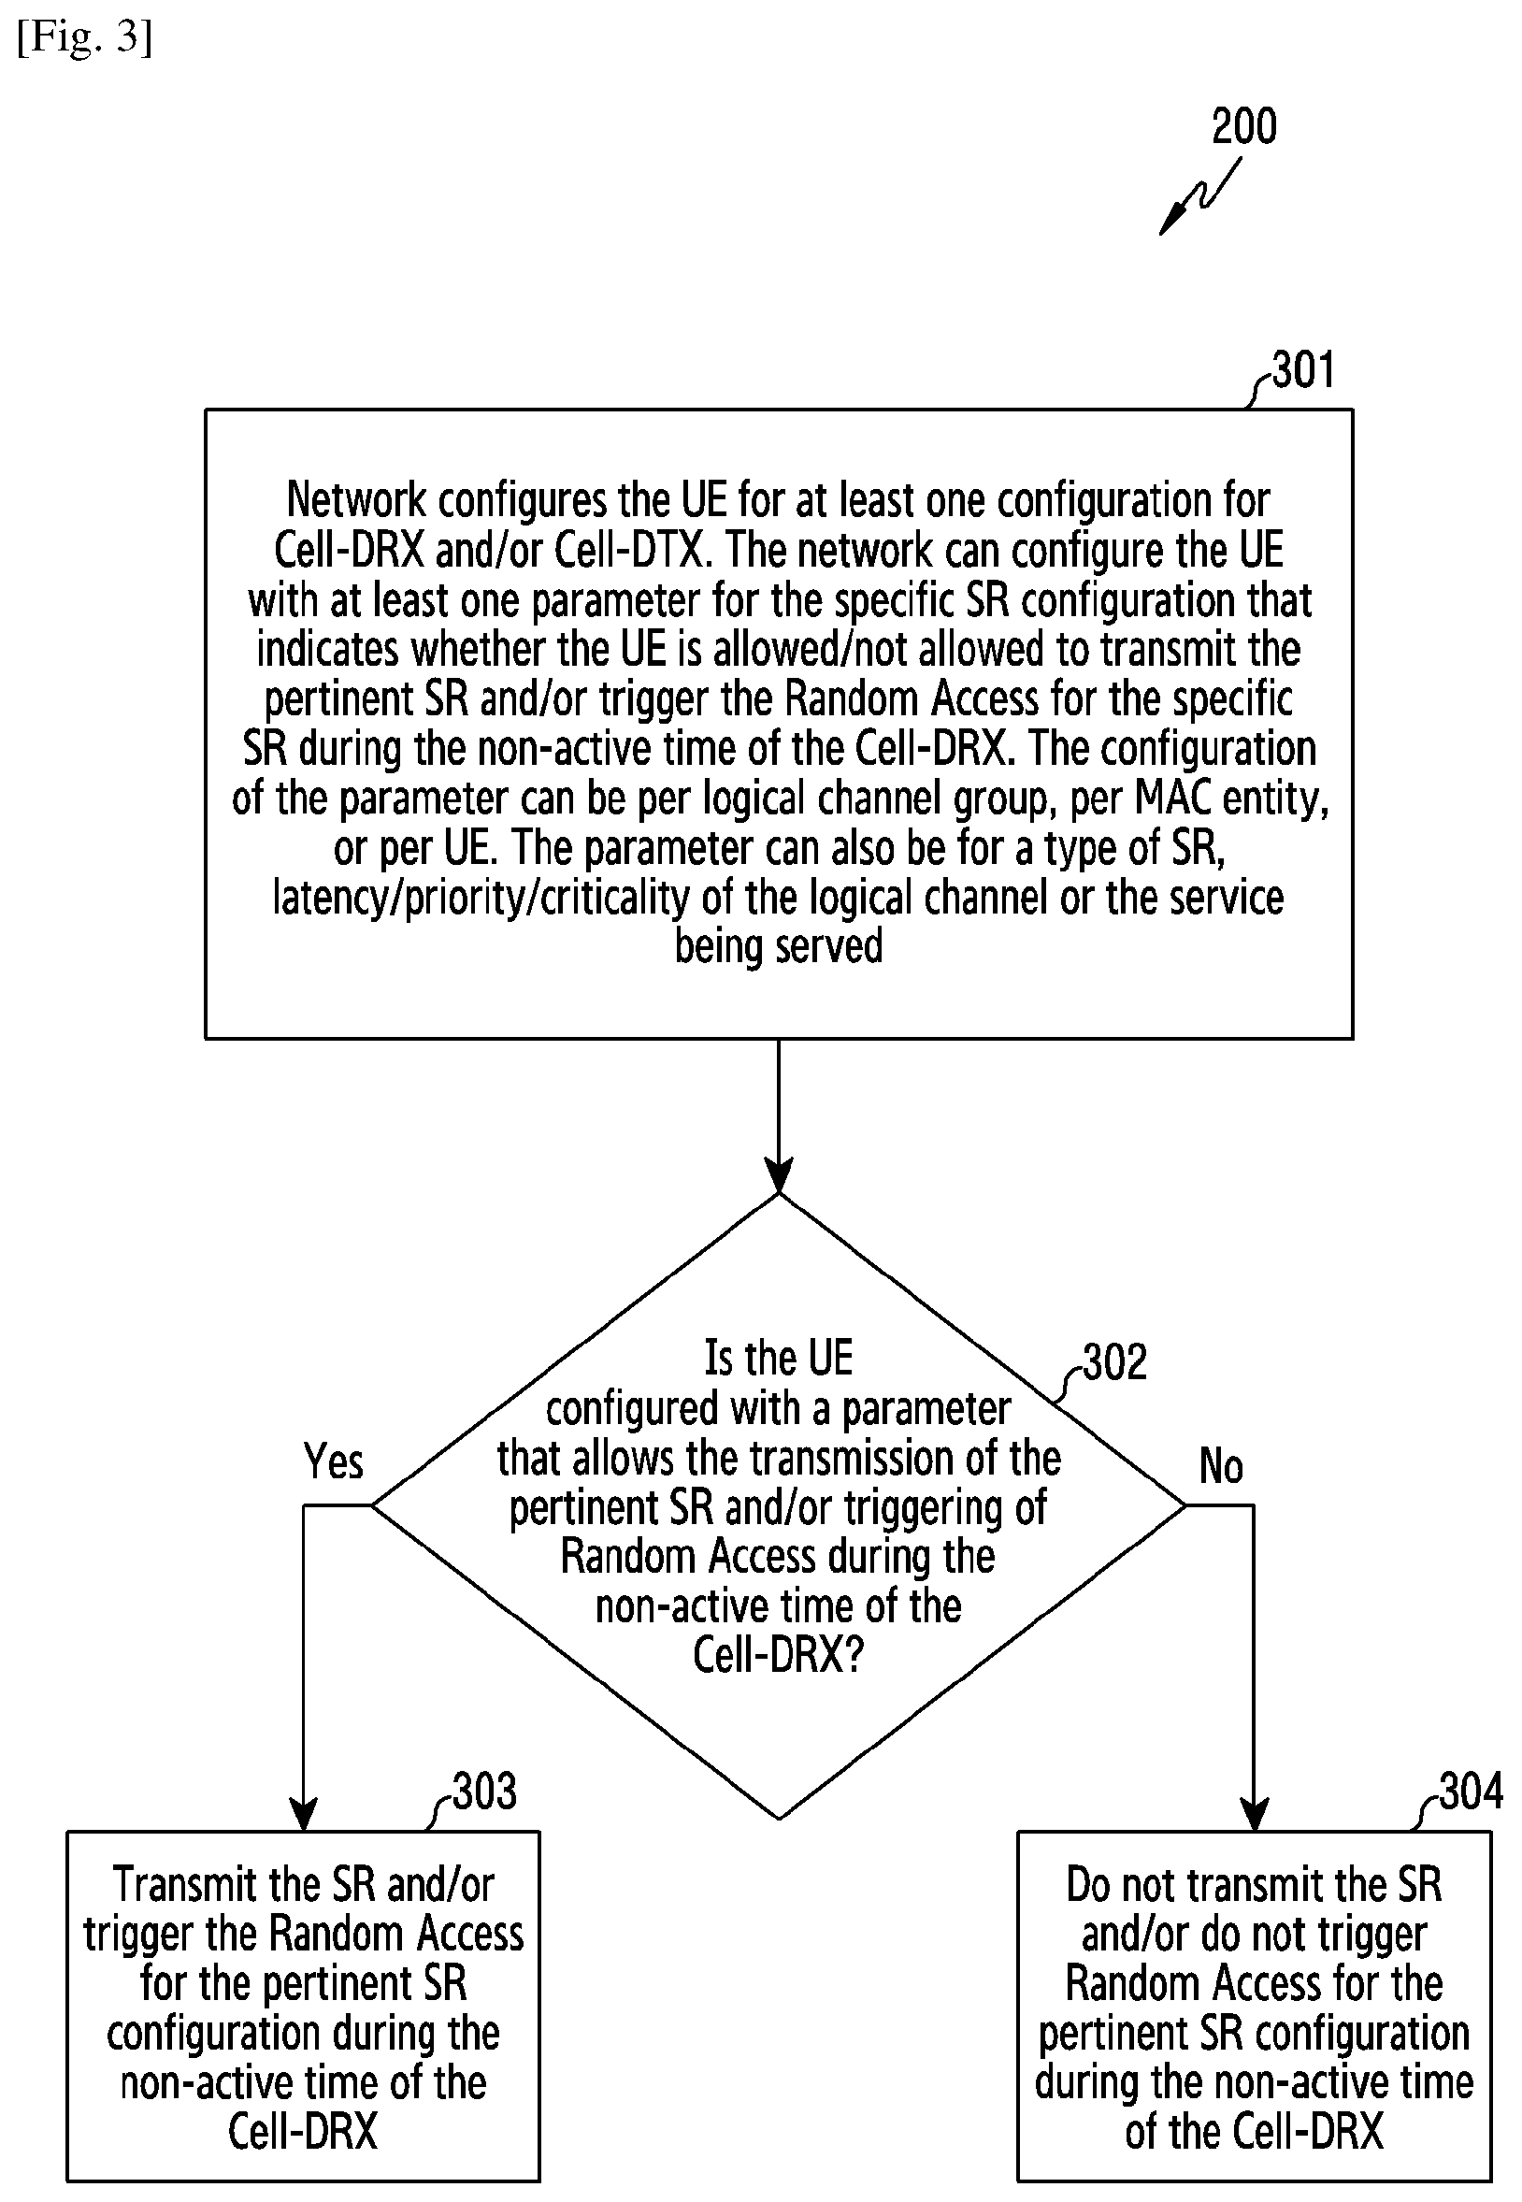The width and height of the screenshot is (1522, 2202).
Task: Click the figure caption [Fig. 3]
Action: (x=85, y=38)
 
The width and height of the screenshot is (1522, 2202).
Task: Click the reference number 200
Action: (x=1243, y=126)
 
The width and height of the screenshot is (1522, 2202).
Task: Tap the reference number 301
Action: (x=1303, y=370)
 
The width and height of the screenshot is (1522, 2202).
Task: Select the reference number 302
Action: (x=1114, y=1362)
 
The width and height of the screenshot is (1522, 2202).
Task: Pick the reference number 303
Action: (x=484, y=1792)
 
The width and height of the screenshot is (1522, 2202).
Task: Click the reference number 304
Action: (x=1472, y=1792)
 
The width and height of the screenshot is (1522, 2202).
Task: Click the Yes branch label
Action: (x=334, y=1462)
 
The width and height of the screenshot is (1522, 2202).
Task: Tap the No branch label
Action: (x=1221, y=1466)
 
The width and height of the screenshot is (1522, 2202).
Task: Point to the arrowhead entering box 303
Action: (x=303, y=1814)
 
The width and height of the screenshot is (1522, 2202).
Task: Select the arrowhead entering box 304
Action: (x=1254, y=1814)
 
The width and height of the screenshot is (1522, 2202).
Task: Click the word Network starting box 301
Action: (x=356, y=499)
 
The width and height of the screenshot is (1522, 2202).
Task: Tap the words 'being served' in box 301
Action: (x=779, y=946)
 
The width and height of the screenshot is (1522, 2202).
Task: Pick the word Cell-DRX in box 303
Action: (x=303, y=2133)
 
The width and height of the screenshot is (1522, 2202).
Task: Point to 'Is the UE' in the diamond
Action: (x=778, y=1358)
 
